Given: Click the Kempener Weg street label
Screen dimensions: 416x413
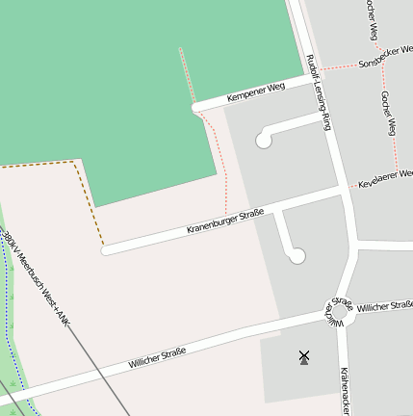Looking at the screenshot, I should click(256, 92).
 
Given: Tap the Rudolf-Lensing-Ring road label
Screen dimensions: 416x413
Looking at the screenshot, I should click(319, 92).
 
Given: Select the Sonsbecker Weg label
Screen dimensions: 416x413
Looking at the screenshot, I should click(384, 57).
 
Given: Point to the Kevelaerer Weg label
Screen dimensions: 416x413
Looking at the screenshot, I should click(385, 177).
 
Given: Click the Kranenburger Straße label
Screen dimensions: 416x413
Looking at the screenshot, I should click(225, 221).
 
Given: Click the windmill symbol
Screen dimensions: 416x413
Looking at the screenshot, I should click(304, 357).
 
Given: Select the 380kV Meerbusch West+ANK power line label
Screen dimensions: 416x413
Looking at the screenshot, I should click(37, 277).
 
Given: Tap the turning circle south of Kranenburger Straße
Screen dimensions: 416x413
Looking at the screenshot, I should click(297, 255).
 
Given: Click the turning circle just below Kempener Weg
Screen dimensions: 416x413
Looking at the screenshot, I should click(263, 141).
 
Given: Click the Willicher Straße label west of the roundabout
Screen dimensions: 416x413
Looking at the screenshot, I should click(157, 359).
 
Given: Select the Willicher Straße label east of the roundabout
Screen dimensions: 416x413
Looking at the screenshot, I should click(384, 305).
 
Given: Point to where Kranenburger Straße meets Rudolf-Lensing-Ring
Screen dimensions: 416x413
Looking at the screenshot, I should click(344, 193).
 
